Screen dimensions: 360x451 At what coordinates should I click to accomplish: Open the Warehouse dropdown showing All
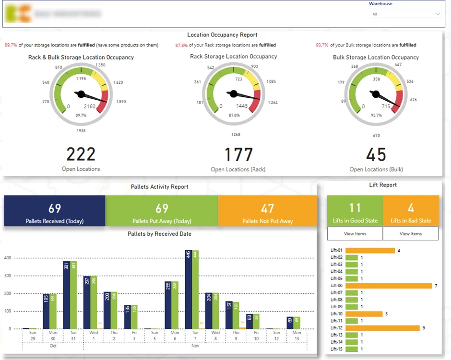[406, 14]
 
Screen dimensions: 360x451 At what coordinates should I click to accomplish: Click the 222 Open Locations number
[81, 154]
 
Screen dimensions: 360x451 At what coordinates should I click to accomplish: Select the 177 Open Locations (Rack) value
[238, 155]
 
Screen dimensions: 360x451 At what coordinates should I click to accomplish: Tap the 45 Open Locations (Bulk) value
[376, 155]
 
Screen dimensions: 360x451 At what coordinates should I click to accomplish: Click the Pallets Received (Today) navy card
[55, 211]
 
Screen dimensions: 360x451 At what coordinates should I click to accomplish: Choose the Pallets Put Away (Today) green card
[162, 211]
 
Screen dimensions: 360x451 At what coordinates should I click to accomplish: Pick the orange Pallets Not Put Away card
[267, 211]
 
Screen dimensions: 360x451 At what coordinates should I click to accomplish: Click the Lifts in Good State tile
[355, 211]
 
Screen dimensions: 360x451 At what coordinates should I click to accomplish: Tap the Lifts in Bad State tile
[411, 211]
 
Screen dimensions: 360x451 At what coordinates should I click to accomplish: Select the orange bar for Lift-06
[389, 286]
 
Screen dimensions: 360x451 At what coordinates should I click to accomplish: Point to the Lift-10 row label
[336, 314]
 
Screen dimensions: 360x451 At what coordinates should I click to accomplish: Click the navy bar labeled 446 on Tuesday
[189, 289]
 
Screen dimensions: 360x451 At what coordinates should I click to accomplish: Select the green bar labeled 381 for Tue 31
[73, 295]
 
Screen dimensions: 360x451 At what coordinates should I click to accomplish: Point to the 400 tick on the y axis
[7, 258]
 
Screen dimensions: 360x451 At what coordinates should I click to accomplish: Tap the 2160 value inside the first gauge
[90, 106]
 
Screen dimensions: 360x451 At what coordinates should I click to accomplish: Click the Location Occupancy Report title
[222, 35]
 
